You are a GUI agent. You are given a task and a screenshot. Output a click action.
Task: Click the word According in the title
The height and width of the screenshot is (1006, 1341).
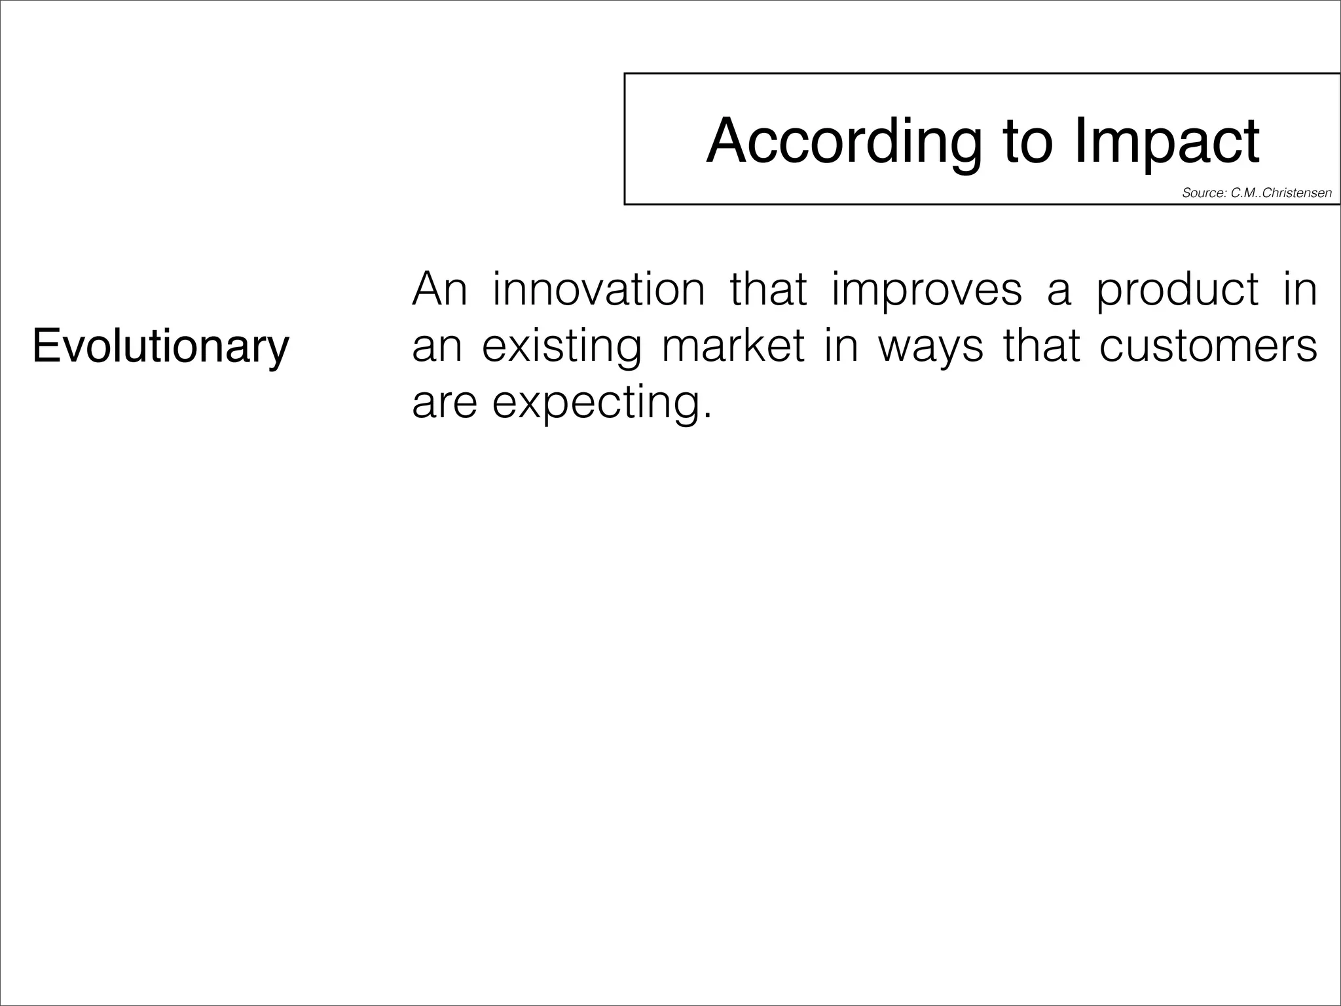843,141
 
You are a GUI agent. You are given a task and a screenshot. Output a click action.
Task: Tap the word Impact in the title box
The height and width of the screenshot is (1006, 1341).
1166,141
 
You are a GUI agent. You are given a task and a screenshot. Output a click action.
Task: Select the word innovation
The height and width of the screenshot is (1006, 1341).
598,289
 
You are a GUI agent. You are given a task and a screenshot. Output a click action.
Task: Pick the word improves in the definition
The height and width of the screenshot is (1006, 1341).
927,289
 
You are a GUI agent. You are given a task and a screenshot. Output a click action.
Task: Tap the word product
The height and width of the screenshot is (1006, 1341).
1178,289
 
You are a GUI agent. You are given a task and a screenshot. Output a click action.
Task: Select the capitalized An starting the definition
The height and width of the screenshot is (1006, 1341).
439,289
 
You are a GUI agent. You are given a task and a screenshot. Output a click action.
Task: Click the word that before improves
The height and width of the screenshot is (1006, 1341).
768,289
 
